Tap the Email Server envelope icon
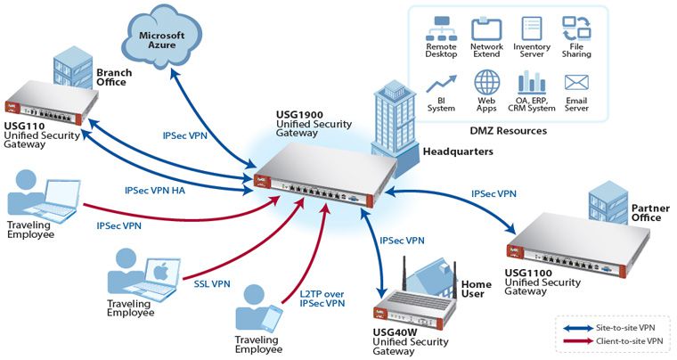click(576, 83)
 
